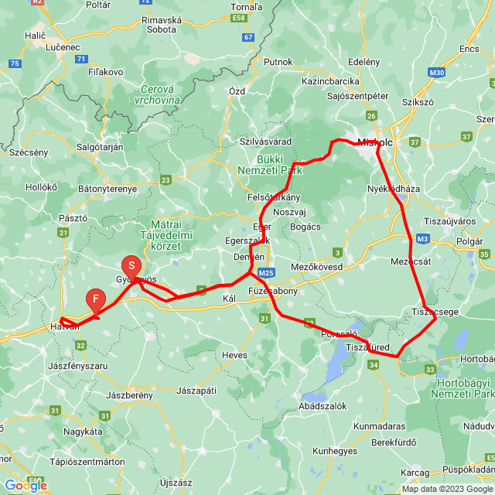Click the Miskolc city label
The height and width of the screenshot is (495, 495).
pos(376,142)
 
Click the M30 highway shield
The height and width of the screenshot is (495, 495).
pos(437,73)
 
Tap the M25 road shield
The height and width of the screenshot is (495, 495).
pos(267,272)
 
